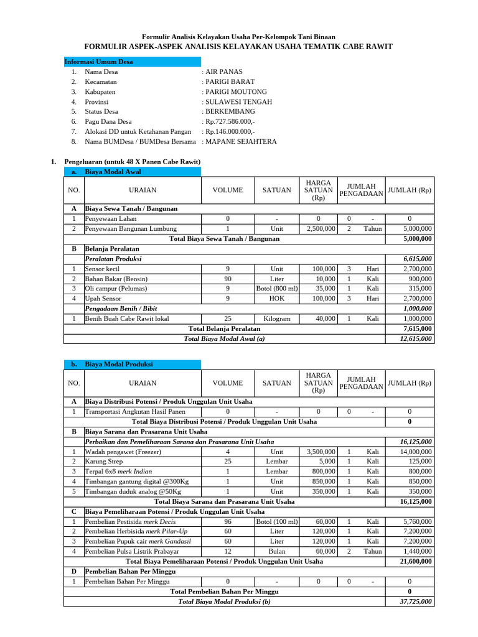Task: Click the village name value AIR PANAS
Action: [224, 72]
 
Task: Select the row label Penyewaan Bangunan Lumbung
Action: [131, 229]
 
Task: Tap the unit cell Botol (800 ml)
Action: [277, 289]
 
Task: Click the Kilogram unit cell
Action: [277, 318]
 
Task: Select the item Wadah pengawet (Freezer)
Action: [123, 452]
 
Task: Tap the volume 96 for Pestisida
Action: [228, 521]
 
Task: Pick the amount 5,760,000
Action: [418, 521]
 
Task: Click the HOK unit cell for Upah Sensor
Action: [277, 299]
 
